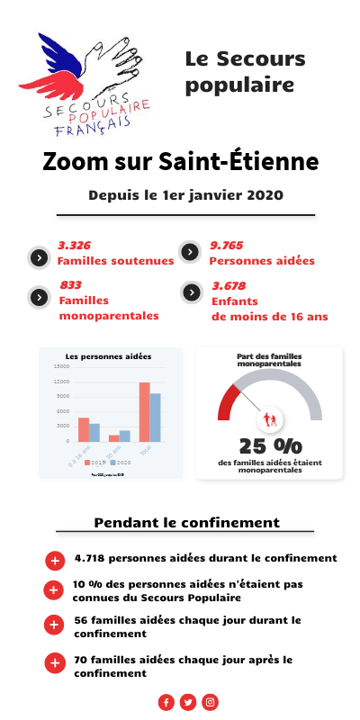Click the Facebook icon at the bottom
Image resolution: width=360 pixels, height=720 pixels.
(166, 702)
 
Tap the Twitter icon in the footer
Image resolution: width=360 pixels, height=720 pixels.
(188, 702)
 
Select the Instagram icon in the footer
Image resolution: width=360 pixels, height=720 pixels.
(210, 702)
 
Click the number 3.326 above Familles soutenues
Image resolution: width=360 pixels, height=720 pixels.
(74, 246)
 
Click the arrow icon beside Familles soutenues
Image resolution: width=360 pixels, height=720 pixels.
(39, 257)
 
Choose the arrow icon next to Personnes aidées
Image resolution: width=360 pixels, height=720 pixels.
(190, 252)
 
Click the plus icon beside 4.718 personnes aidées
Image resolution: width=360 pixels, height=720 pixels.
(54, 561)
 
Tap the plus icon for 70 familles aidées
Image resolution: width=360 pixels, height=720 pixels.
(54, 664)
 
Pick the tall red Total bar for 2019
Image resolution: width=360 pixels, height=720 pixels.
(144, 412)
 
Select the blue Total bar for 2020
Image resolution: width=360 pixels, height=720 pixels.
(156, 418)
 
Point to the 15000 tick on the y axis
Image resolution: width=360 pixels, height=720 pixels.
(61, 366)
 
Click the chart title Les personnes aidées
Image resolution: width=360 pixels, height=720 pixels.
(109, 356)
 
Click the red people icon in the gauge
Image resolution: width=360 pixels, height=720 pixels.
(269, 418)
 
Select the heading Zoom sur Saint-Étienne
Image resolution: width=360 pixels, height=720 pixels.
(180, 163)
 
